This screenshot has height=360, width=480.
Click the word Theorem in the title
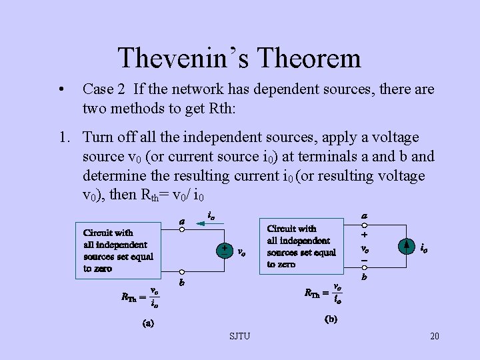(308, 58)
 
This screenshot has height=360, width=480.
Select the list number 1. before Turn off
(64, 137)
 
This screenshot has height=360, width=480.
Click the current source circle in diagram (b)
(406, 247)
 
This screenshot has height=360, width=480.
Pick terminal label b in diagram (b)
(365, 277)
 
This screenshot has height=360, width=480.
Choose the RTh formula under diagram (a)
(139, 297)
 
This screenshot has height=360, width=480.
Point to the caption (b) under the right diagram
(331, 319)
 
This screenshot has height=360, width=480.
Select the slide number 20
(435, 336)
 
